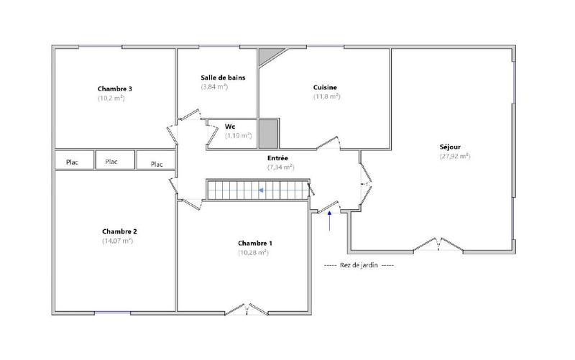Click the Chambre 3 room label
point(114,89)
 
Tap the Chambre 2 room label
point(119,231)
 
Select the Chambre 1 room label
point(254,243)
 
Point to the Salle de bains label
point(224,77)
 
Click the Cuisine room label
point(326,87)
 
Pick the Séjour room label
point(454,147)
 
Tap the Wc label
point(230,126)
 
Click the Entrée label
point(277,157)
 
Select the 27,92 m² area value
point(455,156)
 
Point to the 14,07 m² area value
point(118,241)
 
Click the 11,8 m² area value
point(326,96)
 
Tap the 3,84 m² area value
point(214,86)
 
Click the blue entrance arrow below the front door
point(330,221)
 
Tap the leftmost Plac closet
point(73,162)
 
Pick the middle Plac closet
point(111,162)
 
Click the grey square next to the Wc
point(267,133)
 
